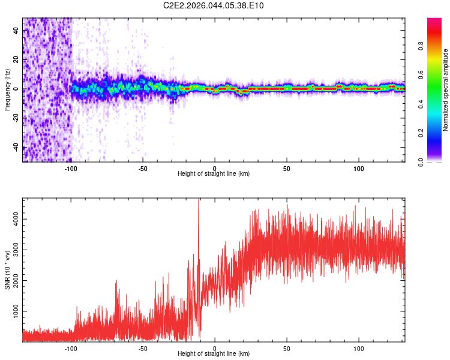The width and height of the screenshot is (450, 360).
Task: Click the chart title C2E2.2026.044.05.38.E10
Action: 214,6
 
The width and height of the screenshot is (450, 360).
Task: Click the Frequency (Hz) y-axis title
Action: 7,90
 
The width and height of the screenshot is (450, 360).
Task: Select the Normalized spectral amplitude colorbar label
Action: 446,90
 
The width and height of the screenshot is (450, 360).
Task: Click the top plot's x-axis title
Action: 214,173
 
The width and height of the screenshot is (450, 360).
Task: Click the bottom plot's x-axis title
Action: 214,353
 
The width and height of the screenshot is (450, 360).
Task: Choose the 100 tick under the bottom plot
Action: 359,347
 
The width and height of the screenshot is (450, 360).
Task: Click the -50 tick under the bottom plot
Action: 143,347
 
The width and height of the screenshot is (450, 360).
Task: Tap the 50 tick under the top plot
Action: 287,167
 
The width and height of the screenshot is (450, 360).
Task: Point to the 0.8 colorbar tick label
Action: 422,46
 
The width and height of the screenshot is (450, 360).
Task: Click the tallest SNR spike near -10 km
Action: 199,202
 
